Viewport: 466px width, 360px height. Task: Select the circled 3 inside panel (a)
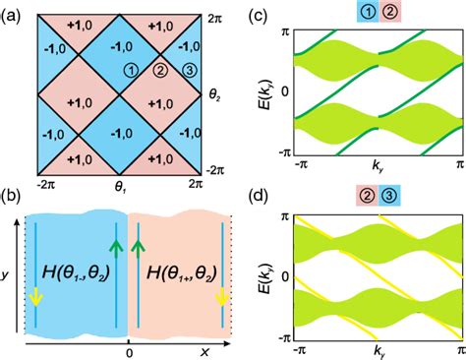[x=183, y=70]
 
